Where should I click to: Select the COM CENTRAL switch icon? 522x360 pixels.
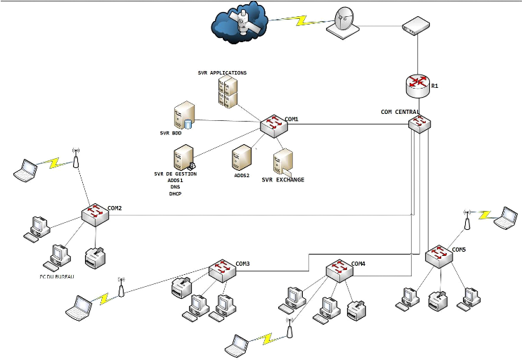[419, 123]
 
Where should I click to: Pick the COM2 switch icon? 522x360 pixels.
[95, 214]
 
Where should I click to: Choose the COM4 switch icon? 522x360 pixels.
[339, 271]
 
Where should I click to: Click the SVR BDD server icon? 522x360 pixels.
[184, 115]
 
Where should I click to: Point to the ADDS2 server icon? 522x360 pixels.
[242, 157]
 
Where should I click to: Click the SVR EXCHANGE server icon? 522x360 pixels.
[282, 162]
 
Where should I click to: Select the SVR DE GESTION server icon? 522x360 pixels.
[184, 157]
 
